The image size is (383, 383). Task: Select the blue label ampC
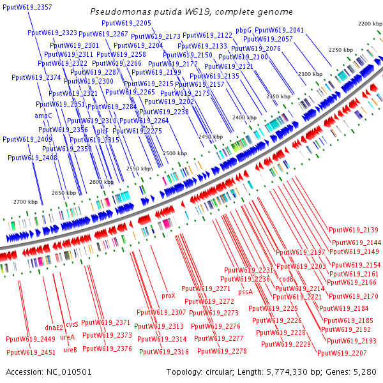(x=43, y=116)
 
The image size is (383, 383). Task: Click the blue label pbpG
(x=243, y=30)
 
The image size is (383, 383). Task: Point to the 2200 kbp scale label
(x=369, y=24)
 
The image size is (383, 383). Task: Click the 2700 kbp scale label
(x=26, y=202)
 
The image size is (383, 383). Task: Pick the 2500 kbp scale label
(x=174, y=154)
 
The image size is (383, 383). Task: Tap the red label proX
(x=168, y=296)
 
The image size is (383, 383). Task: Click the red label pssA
(x=245, y=292)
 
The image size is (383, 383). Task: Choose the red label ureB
(x=69, y=349)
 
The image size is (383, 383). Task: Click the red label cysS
(x=72, y=324)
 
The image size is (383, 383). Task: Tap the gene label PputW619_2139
(x=354, y=230)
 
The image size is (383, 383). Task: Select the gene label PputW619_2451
(x=31, y=352)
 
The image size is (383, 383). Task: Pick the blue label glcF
(x=102, y=130)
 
